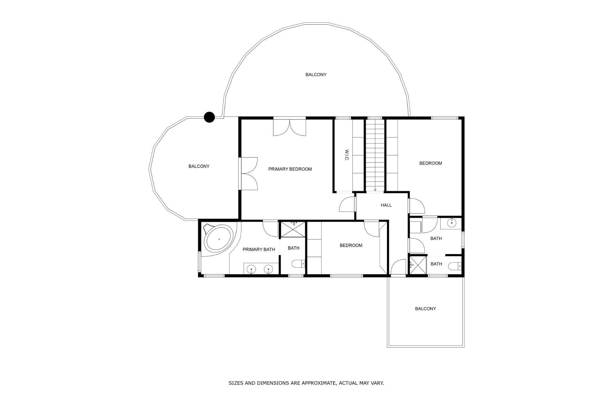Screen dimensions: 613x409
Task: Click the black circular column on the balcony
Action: click(x=209, y=117)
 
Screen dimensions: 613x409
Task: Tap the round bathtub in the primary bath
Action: click(x=219, y=239)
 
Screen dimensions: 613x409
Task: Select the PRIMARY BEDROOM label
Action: click(x=290, y=169)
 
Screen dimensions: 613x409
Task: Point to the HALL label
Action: click(x=386, y=205)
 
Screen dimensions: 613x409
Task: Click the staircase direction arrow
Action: click(x=375, y=189)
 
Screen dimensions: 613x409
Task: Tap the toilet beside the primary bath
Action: click(x=298, y=264)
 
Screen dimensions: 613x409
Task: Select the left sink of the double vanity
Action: click(x=252, y=270)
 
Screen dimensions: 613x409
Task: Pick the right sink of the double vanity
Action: click(x=269, y=270)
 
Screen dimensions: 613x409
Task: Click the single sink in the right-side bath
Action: click(x=451, y=223)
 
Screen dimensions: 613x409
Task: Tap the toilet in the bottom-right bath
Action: click(x=455, y=266)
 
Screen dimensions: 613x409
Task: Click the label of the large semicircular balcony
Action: click(x=316, y=75)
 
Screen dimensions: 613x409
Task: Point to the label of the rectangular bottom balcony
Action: click(x=425, y=309)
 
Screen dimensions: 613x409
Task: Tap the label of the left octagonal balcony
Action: click(x=199, y=166)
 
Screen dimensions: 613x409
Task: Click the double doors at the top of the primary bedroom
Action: click(x=290, y=127)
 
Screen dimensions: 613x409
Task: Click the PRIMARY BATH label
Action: click(x=259, y=250)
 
